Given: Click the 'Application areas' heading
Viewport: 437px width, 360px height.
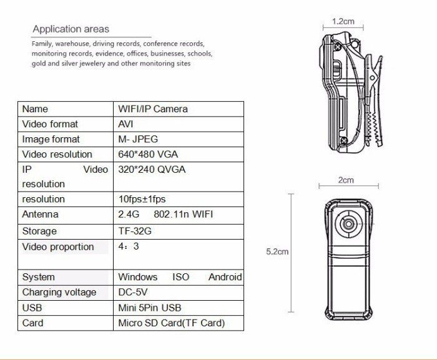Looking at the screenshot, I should coord(71,29).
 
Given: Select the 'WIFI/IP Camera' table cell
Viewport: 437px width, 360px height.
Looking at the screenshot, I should coord(153,109).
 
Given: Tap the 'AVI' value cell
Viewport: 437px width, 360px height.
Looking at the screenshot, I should coord(125,124).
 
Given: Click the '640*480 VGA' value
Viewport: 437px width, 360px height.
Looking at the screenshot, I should coord(149,154).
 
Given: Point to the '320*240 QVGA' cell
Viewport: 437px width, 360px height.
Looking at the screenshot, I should coord(152,169).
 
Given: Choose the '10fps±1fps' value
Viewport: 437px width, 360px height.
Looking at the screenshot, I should coord(142,199).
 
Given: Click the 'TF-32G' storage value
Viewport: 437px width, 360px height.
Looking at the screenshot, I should coord(135,231).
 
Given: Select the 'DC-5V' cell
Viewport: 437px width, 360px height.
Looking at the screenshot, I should coord(133,292).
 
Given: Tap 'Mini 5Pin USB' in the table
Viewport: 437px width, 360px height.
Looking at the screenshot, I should coord(150,308).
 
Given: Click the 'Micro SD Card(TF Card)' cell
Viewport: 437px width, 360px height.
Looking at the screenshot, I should coord(171,323).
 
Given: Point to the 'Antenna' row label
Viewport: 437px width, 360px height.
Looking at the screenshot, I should coord(40,214).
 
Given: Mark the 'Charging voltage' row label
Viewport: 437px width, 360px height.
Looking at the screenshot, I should coord(59,292).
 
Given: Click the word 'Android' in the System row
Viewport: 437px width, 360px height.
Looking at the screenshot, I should coord(225,277).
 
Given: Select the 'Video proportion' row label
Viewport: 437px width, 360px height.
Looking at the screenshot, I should coord(58,246).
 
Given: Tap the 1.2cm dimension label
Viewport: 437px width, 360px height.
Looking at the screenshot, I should coord(343,21).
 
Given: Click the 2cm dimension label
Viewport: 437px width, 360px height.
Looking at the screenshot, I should coord(346,180).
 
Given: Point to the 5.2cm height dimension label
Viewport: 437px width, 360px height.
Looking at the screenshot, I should coord(277,252).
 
